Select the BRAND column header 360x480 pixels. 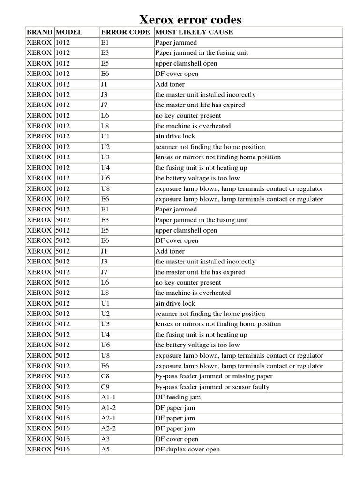(x=39, y=32)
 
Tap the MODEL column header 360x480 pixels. (x=69, y=32)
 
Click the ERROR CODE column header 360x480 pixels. (x=125, y=32)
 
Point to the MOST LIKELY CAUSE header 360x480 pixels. (x=194, y=32)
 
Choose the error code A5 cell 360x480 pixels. (x=105, y=450)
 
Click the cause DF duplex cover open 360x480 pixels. (x=187, y=450)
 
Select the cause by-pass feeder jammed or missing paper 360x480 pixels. (x=214, y=376)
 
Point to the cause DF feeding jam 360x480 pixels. (x=178, y=397)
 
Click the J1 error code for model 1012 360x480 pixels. (x=104, y=84)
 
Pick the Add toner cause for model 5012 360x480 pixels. (x=170, y=251)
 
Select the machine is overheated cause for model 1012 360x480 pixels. (x=193, y=126)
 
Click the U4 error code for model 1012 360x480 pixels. (x=105, y=168)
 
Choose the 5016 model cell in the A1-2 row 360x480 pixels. (x=62, y=408)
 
